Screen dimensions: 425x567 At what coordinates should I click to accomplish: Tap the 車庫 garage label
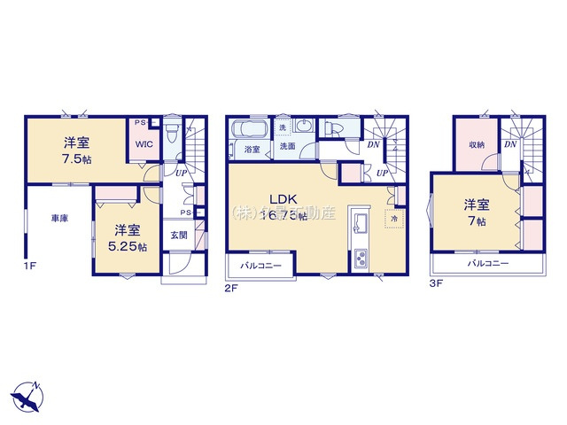point(58,218)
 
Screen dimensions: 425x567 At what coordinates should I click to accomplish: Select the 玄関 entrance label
point(178,236)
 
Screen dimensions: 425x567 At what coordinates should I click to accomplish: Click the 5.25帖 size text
point(127,247)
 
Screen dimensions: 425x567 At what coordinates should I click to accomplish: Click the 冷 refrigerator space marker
point(391,218)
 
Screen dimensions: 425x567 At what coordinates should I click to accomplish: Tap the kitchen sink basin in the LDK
point(361,220)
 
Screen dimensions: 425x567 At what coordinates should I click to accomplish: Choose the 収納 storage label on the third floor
point(477,145)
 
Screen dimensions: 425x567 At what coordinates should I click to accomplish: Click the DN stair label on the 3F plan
point(510,143)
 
